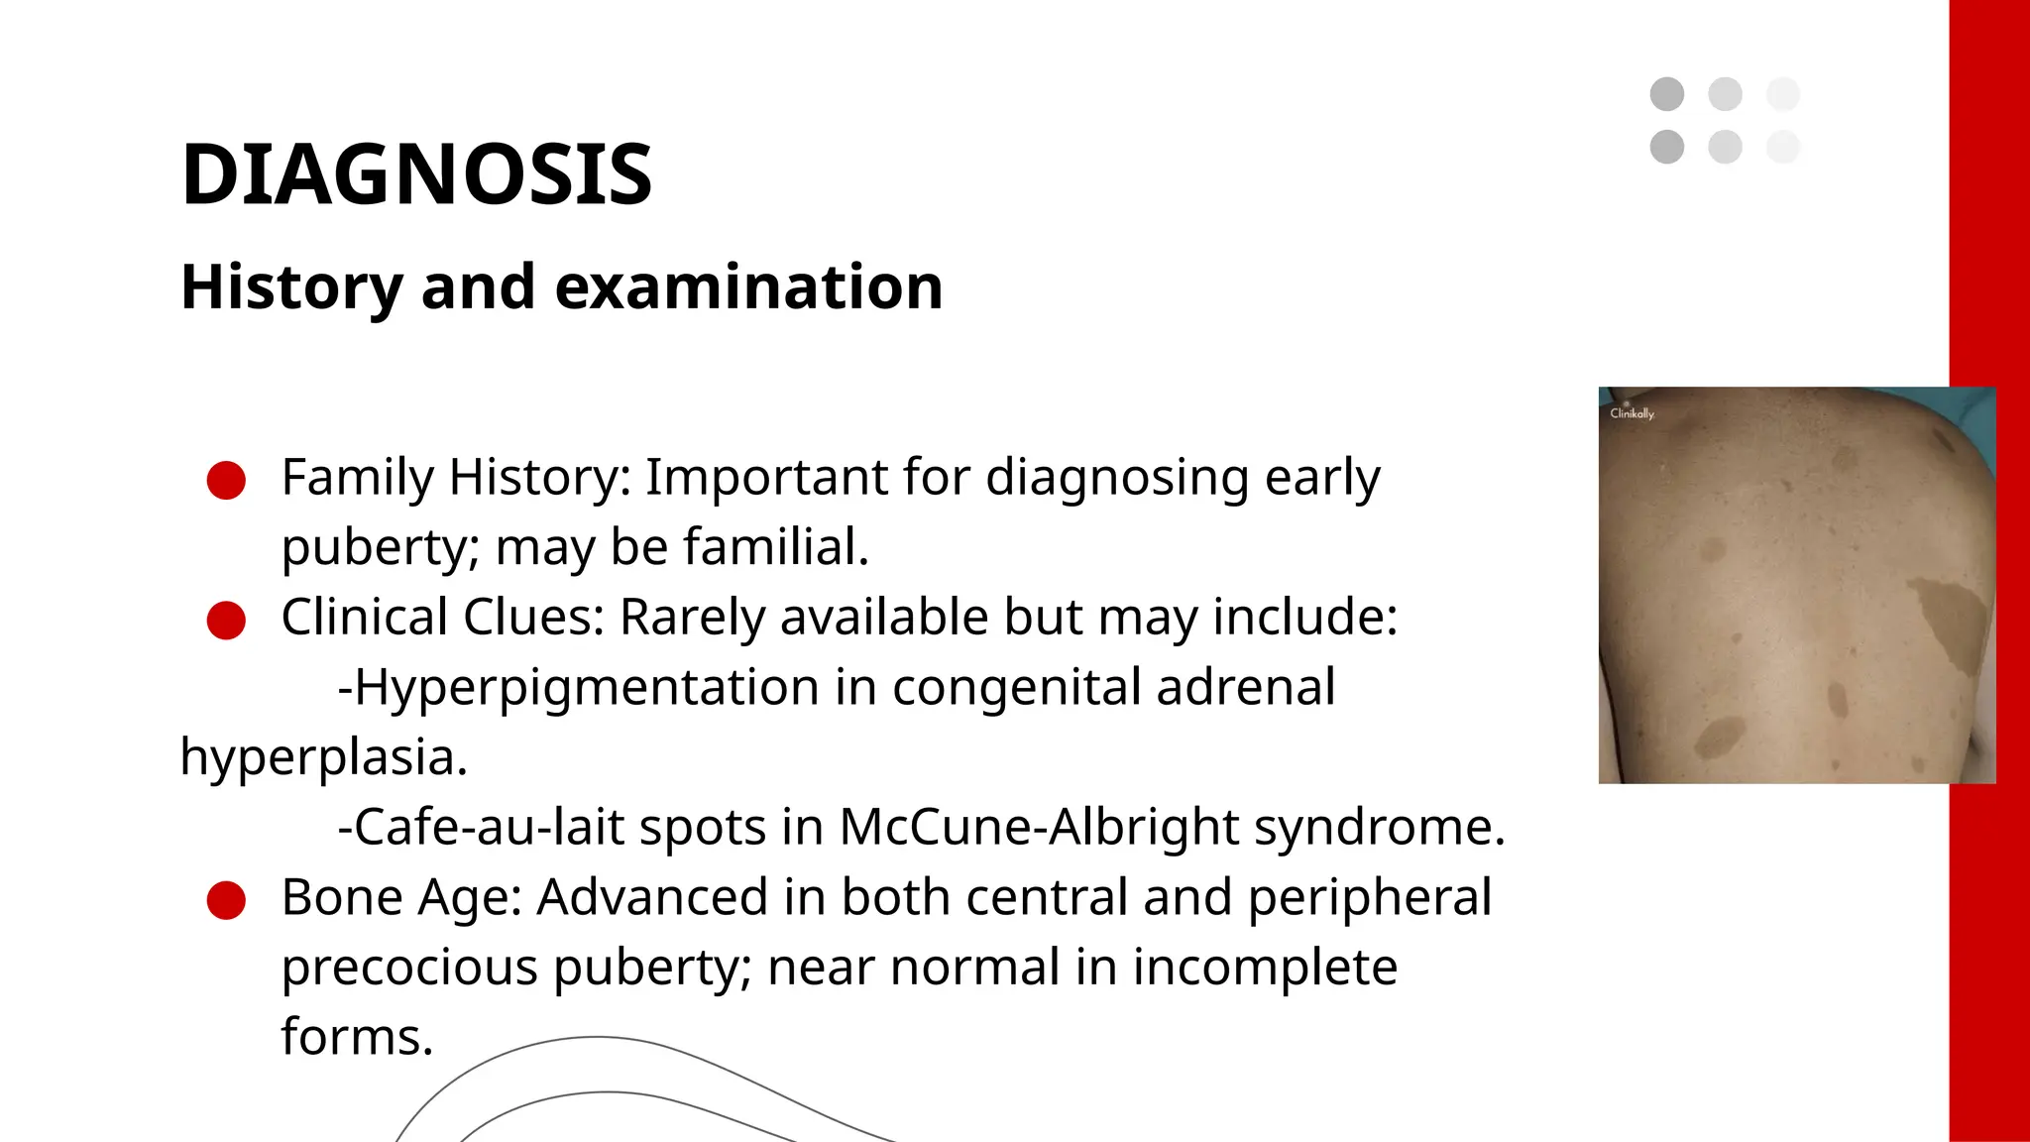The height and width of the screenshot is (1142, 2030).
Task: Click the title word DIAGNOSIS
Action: point(416,174)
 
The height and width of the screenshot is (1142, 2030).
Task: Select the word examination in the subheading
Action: point(748,287)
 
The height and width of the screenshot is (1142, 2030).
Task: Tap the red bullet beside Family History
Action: point(226,480)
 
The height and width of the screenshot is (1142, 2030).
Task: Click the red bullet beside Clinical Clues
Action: point(226,621)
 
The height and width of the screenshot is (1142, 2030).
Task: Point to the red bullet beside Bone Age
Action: point(226,900)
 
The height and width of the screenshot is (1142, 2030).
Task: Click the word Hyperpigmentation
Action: point(586,687)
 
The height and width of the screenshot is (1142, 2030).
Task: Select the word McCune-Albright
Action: point(1037,827)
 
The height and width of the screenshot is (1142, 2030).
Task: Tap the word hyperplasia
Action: point(323,757)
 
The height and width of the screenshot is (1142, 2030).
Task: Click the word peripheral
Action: point(1369,897)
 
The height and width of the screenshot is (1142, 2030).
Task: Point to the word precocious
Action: point(409,968)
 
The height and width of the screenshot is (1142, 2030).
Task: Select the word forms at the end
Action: point(357,1037)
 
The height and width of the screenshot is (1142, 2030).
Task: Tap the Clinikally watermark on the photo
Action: point(1632,413)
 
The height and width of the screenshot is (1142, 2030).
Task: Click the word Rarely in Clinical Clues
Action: point(693,618)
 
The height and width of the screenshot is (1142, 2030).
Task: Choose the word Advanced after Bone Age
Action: point(652,897)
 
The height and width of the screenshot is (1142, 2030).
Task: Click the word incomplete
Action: point(1265,968)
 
